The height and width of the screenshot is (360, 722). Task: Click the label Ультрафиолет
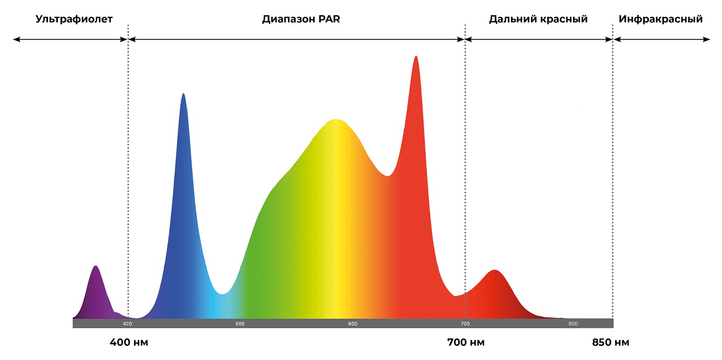74,19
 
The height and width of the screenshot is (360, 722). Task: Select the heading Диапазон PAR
301,19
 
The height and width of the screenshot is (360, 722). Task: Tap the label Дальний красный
538,19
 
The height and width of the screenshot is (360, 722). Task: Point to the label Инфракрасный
661,19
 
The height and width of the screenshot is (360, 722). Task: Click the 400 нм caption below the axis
129,342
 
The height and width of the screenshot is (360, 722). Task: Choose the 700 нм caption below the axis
466,342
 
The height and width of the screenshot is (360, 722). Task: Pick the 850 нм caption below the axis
611,342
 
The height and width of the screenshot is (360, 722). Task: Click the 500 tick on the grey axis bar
240,323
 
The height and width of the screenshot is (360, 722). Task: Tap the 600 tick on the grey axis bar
352,323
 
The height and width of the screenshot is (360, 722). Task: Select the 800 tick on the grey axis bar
573,323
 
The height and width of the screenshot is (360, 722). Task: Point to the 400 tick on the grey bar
128,323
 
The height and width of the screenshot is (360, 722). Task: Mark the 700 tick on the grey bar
465,323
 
